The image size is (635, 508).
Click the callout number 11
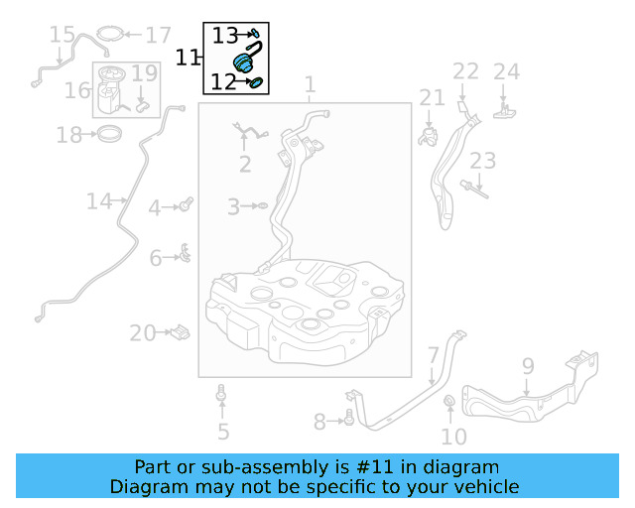tap(188, 58)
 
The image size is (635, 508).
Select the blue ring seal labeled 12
tap(257, 82)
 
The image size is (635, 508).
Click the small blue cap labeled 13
tap(256, 34)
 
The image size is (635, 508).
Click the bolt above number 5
tap(222, 399)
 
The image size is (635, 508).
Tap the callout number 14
tap(98, 201)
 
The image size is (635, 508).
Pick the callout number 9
tap(527, 366)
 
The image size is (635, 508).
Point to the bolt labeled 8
tap(349, 422)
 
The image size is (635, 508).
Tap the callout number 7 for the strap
tap(434, 355)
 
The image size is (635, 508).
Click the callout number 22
tap(465, 71)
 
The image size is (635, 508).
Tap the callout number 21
tap(432, 97)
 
